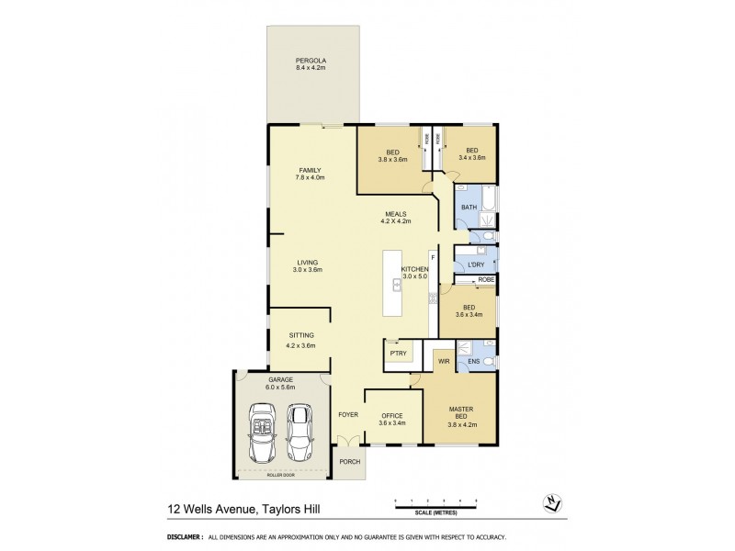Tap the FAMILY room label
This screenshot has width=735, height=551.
[x=310, y=170]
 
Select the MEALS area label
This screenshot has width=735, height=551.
[x=396, y=214]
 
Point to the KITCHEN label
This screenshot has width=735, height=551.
[x=415, y=269]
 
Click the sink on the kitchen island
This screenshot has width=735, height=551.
[x=397, y=285]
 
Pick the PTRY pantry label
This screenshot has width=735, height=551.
[x=397, y=352]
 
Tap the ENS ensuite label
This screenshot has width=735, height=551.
[x=473, y=362]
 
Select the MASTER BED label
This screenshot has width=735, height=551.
[x=460, y=412]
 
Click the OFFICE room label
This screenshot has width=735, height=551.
[x=392, y=415]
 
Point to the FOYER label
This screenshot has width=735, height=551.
[x=348, y=415]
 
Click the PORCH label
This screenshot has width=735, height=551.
[x=349, y=462]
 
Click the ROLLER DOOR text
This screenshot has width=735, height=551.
[x=280, y=476]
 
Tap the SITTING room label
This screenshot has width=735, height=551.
[x=302, y=336]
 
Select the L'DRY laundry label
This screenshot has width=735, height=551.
[x=476, y=264]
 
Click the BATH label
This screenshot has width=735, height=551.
[x=469, y=208]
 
